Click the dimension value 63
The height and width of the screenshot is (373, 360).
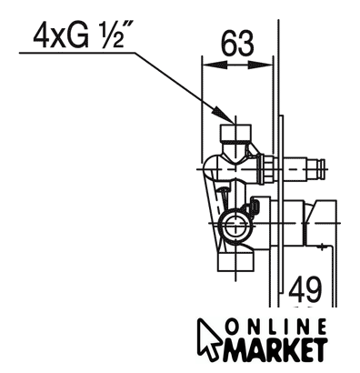tap(238, 44)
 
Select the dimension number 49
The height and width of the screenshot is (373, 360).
tap(305, 290)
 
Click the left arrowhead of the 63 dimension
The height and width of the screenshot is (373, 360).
tap(215, 65)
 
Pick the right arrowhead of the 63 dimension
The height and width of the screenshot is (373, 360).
tap(260, 65)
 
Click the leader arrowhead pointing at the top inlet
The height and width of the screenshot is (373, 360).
tap(224, 116)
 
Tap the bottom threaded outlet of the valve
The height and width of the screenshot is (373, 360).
tap(235, 262)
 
